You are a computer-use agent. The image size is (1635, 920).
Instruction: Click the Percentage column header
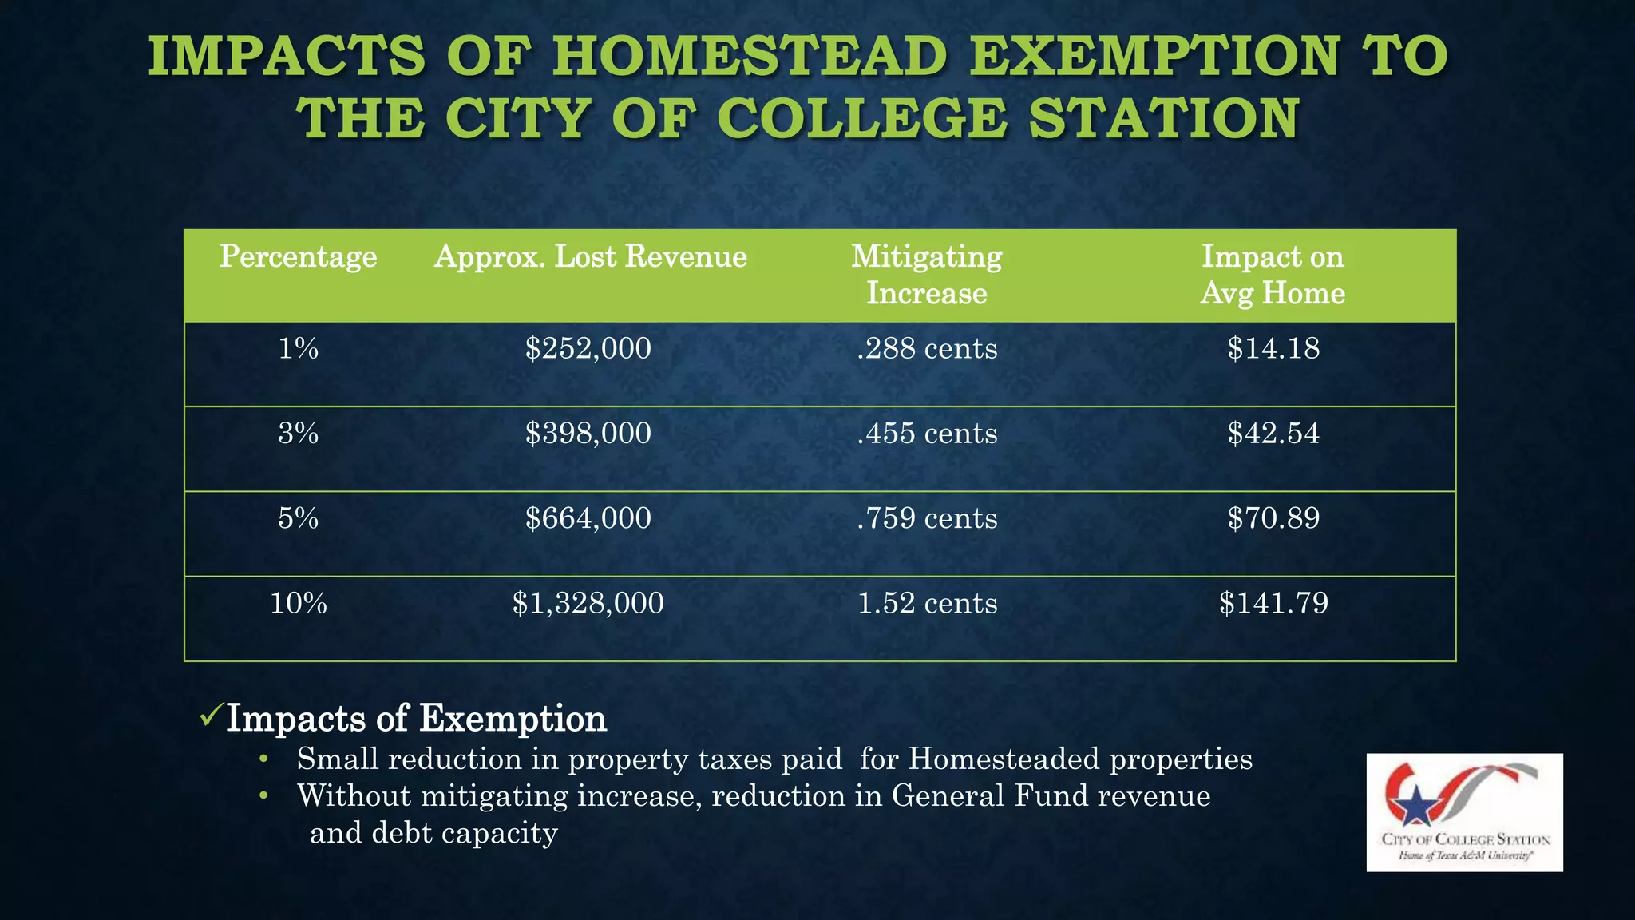[x=298, y=257]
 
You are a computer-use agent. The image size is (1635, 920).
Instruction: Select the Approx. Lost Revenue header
[x=590, y=257]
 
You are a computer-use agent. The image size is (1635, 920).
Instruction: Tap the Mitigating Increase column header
[x=926, y=275]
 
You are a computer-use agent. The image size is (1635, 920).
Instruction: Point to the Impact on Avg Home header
[x=1273, y=275]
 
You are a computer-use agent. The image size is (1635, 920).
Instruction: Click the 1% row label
[x=298, y=349]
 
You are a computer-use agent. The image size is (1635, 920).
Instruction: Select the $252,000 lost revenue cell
[x=588, y=349]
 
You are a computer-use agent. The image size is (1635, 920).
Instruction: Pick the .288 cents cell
[x=926, y=349]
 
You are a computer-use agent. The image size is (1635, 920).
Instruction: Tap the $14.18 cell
[x=1273, y=349]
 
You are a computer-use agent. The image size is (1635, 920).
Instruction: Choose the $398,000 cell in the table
[x=588, y=434]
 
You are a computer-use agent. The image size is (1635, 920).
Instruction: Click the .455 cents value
[x=926, y=434]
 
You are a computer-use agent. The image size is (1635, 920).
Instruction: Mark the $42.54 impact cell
[x=1273, y=434]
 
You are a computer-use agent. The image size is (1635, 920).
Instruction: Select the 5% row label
[x=298, y=519]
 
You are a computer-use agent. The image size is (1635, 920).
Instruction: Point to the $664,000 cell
[x=588, y=519]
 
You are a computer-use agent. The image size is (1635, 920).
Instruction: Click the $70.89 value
[x=1273, y=519]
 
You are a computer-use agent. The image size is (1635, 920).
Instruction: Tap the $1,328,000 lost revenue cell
[x=588, y=604]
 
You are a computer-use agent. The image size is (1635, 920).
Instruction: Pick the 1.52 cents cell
[x=926, y=604]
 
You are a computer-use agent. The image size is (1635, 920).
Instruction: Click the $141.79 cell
[x=1273, y=604]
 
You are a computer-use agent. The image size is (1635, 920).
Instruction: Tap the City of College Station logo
[x=1464, y=812]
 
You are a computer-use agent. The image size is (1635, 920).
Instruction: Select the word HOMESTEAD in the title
[x=749, y=57]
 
